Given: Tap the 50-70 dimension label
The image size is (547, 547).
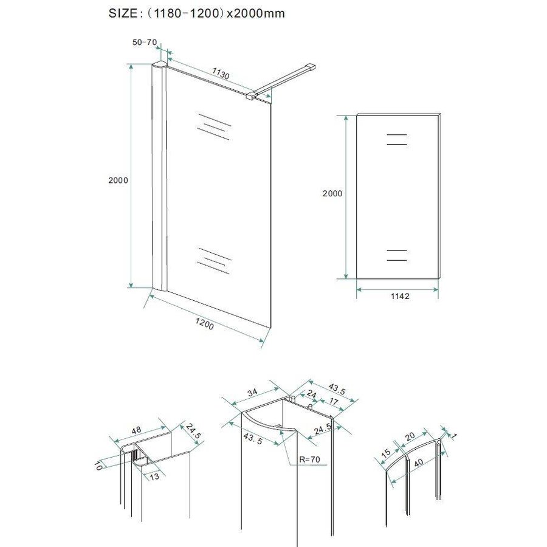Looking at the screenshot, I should tap(145, 42).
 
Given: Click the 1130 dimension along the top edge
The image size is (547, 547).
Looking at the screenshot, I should tap(220, 75).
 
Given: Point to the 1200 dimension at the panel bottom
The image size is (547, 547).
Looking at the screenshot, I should tap(205, 326).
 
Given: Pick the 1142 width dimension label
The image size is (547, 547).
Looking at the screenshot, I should tap(397, 297).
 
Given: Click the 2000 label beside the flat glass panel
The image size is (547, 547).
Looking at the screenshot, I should tap(332, 193).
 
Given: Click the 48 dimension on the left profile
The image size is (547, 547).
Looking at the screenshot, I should tap(136, 430).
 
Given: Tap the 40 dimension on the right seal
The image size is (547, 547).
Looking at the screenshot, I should tap(417, 461).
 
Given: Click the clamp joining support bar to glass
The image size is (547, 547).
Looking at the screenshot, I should tap(252, 95).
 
